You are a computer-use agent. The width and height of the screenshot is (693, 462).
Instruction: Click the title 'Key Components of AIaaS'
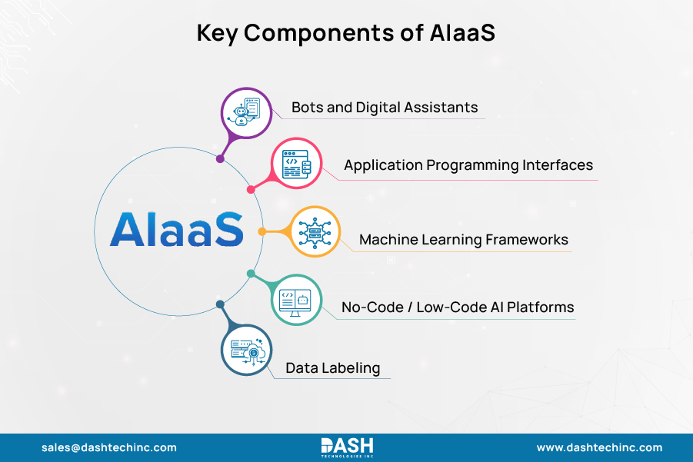[x=346, y=32]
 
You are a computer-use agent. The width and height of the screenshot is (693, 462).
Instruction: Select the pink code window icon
[x=295, y=165]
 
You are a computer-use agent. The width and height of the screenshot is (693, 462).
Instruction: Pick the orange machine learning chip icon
[x=315, y=231]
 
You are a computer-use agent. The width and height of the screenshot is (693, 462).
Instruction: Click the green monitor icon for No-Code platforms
[x=295, y=300]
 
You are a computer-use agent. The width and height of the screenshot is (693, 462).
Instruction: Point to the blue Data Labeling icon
[x=246, y=350]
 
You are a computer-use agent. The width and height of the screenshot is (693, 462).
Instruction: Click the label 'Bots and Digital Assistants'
[x=385, y=107]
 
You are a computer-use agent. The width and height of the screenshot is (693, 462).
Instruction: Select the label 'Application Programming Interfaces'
[x=468, y=165]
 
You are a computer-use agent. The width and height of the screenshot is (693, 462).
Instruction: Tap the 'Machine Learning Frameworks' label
[x=464, y=240]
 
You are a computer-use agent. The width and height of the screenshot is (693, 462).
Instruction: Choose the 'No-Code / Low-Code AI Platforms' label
[x=458, y=307]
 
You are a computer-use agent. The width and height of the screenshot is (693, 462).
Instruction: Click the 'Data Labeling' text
[x=332, y=368]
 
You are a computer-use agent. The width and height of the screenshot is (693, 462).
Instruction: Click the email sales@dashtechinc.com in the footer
[x=108, y=447]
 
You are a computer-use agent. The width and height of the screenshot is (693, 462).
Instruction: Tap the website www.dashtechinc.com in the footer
[x=599, y=447]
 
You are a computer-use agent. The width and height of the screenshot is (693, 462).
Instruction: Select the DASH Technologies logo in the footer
[x=346, y=447]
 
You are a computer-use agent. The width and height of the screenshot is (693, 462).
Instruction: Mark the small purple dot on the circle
[x=220, y=159]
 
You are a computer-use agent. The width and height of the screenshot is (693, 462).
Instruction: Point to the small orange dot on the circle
[x=262, y=231]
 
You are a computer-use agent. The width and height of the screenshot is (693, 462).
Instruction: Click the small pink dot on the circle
[x=251, y=189]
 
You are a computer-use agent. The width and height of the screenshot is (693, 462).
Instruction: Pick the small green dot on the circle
[x=251, y=274]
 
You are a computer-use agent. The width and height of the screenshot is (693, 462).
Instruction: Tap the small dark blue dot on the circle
[x=220, y=304]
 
